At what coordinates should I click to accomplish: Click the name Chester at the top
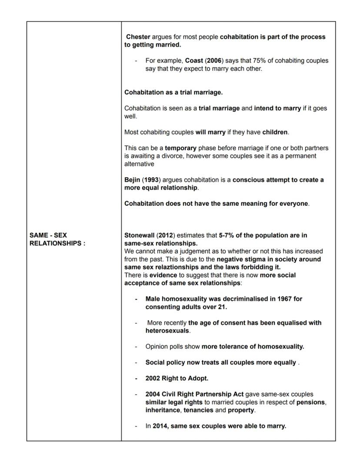click(138, 37)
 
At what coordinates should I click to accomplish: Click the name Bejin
click(132, 180)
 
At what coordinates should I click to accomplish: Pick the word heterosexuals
click(167, 331)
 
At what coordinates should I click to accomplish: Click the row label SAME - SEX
click(48, 235)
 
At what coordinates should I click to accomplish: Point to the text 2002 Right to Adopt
click(177, 378)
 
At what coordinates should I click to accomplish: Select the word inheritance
click(163, 410)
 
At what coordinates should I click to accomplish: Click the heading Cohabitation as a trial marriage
click(173, 92)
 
